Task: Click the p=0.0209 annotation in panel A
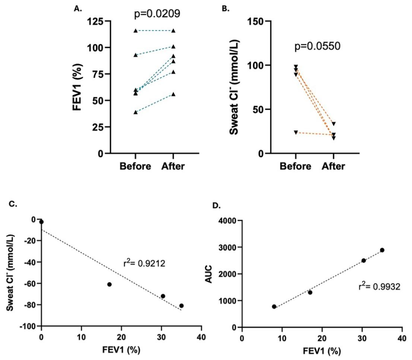[x=157, y=14]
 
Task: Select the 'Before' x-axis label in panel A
[x=136, y=167]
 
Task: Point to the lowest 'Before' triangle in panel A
[x=136, y=112]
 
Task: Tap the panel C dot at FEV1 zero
[x=42, y=222]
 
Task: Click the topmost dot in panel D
[x=382, y=250]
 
